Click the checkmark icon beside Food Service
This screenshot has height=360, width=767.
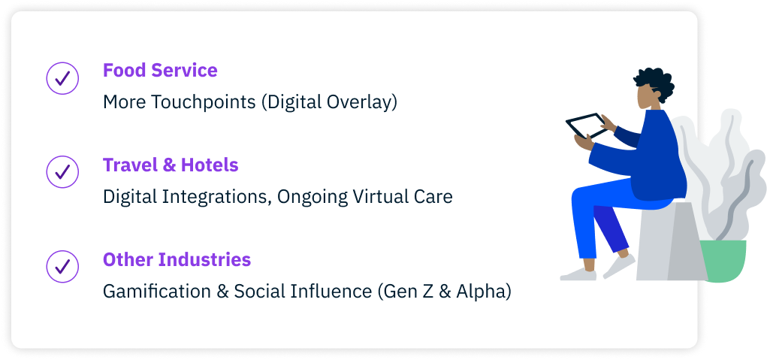[62, 78]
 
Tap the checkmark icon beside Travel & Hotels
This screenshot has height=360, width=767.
[62, 172]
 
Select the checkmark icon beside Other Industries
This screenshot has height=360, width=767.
[62, 267]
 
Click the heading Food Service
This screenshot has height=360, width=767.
[160, 71]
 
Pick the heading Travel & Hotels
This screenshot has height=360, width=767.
[171, 165]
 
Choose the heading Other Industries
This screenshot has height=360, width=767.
[177, 259]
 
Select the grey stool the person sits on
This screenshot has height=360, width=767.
[671, 242]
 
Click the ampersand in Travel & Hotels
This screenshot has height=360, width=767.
[169, 165]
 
